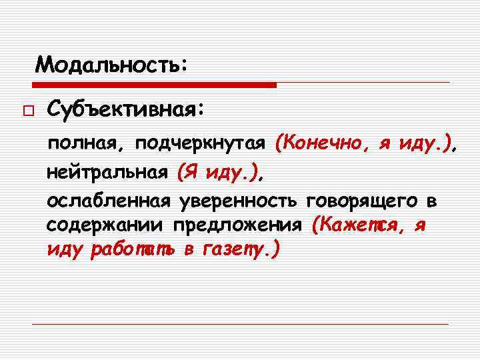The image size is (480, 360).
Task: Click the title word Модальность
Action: [x=107, y=65]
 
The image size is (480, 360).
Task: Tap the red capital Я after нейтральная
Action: [x=189, y=173]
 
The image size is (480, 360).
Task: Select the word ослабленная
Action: [x=107, y=201]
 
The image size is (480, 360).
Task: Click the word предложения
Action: [x=239, y=225]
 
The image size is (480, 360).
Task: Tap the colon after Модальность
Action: [x=184, y=66]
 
